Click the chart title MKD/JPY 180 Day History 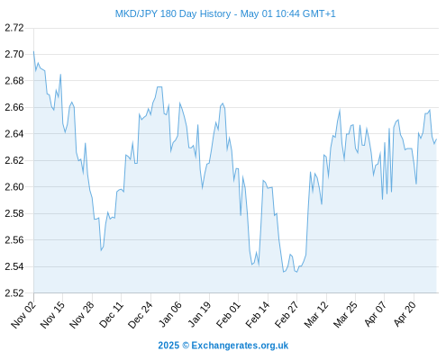pos(173,13)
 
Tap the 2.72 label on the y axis pos(14,28)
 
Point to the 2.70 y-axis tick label pos(14,54)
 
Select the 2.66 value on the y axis pos(14,107)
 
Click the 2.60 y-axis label pos(14,187)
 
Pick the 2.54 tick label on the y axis pos(14,266)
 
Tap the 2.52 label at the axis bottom pos(14,293)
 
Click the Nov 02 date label pos(23,315)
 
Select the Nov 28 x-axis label pos(82,315)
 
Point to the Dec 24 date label pos(141,315)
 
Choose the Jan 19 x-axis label pos(199,315)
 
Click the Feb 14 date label pos(258,315)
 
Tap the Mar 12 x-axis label pos(316,315)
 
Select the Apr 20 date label pos(405,315)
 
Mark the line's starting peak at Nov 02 pos(33,51)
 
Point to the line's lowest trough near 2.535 pos(283,272)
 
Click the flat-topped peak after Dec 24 pos(159,87)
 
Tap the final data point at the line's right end pos(436,139)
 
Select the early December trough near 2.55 pos(101,250)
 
